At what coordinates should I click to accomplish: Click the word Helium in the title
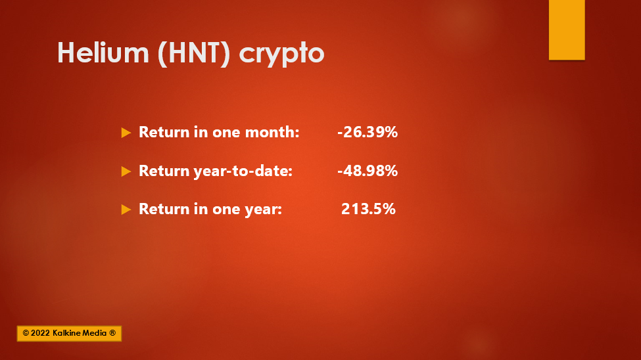click(x=103, y=53)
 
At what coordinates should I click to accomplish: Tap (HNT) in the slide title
click(x=194, y=53)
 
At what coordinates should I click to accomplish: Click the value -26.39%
click(x=368, y=132)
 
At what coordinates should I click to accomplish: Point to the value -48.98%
click(x=368, y=170)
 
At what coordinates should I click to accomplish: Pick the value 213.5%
click(x=368, y=209)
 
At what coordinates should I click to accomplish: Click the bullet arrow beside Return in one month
click(x=126, y=133)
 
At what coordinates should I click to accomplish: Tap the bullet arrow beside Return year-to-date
click(x=126, y=171)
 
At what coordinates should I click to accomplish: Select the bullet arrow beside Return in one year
click(x=126, y=210)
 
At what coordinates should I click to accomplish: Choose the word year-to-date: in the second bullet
click(x=243, y=171)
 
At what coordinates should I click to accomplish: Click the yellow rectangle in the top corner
click(x=567, y=30)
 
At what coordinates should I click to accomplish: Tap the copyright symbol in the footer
click(x=26, y=333)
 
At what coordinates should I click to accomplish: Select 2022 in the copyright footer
click(x=41, y=333)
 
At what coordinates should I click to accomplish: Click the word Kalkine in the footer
click(x=68, y=333)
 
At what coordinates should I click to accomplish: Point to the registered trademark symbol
click(x=112, y=333)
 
